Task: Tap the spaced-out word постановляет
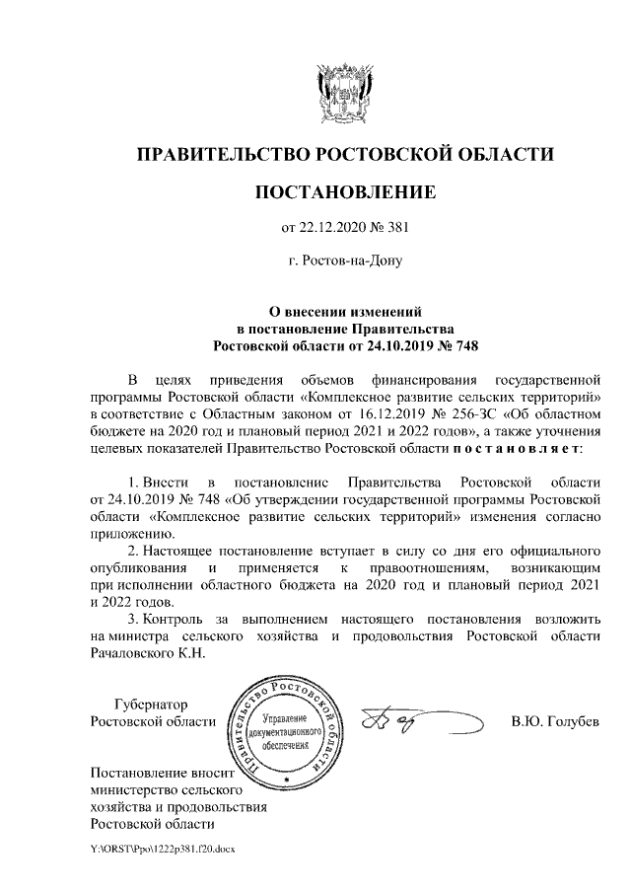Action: tap(517, 448)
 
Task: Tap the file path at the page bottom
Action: tap(163, 848)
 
